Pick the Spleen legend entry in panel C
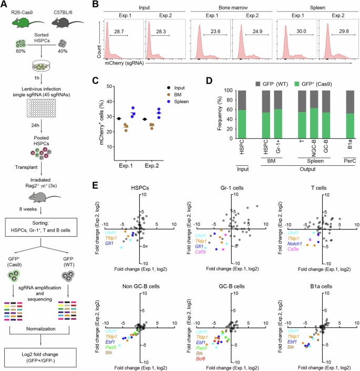tap(191, 100)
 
